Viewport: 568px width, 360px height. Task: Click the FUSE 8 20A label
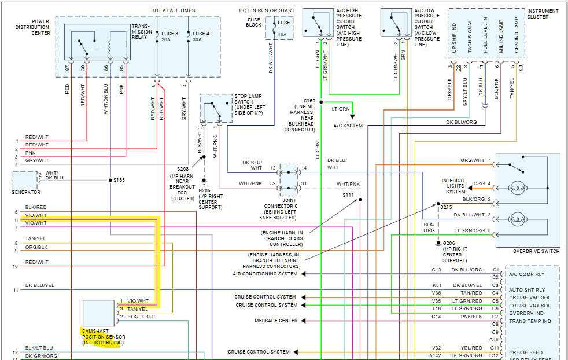(169, 37)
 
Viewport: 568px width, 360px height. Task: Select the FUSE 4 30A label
(201, 37)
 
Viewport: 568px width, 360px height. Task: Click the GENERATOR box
(24, 179)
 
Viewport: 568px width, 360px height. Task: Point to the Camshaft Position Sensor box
(98, 313)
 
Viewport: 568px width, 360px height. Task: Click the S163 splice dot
(110, 180)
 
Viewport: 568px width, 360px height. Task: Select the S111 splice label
(348, 195)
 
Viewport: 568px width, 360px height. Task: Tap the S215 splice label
(446, 207)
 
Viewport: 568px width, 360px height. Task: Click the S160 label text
(309, 101)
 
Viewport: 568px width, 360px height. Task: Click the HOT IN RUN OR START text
(267, 10)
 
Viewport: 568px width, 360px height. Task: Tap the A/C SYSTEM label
(348, 126)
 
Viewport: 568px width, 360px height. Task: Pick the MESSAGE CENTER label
(276, 321)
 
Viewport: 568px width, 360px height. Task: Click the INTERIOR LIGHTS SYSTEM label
(453, 186)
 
